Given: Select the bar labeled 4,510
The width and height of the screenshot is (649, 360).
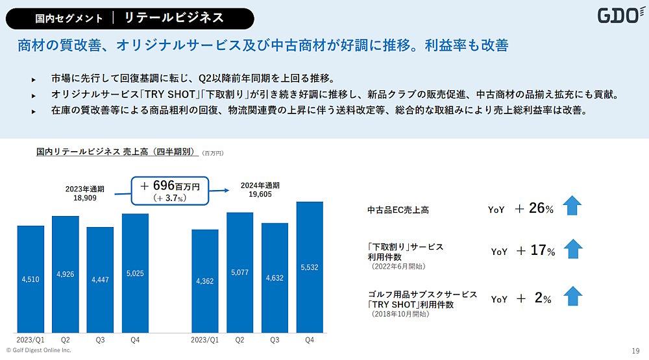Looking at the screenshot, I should coord(31,279).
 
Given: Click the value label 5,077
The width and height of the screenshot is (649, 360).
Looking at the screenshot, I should coord(239,274).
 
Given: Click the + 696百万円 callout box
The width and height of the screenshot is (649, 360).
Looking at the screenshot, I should coord(171,190).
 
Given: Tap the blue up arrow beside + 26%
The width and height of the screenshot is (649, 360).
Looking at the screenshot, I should coord(572,206).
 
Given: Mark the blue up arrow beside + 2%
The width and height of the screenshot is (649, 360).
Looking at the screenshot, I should coord(572,296).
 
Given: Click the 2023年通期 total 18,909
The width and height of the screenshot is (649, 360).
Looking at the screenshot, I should coord(81,193).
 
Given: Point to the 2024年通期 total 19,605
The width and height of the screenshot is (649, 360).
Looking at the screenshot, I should coord(256,189).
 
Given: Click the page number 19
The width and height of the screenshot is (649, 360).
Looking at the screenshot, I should coord(635,350).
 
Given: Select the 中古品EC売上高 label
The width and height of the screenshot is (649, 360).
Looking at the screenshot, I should coord(398,210).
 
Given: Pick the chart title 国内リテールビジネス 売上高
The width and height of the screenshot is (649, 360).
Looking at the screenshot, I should coord(116,152).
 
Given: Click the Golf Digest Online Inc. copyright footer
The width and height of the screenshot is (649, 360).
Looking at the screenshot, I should coord(38,350).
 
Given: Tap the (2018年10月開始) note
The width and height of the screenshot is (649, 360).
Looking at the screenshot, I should coord(400,314).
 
